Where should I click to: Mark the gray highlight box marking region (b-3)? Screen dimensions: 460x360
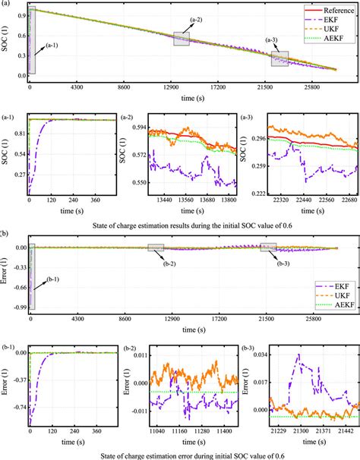point(269,247)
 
